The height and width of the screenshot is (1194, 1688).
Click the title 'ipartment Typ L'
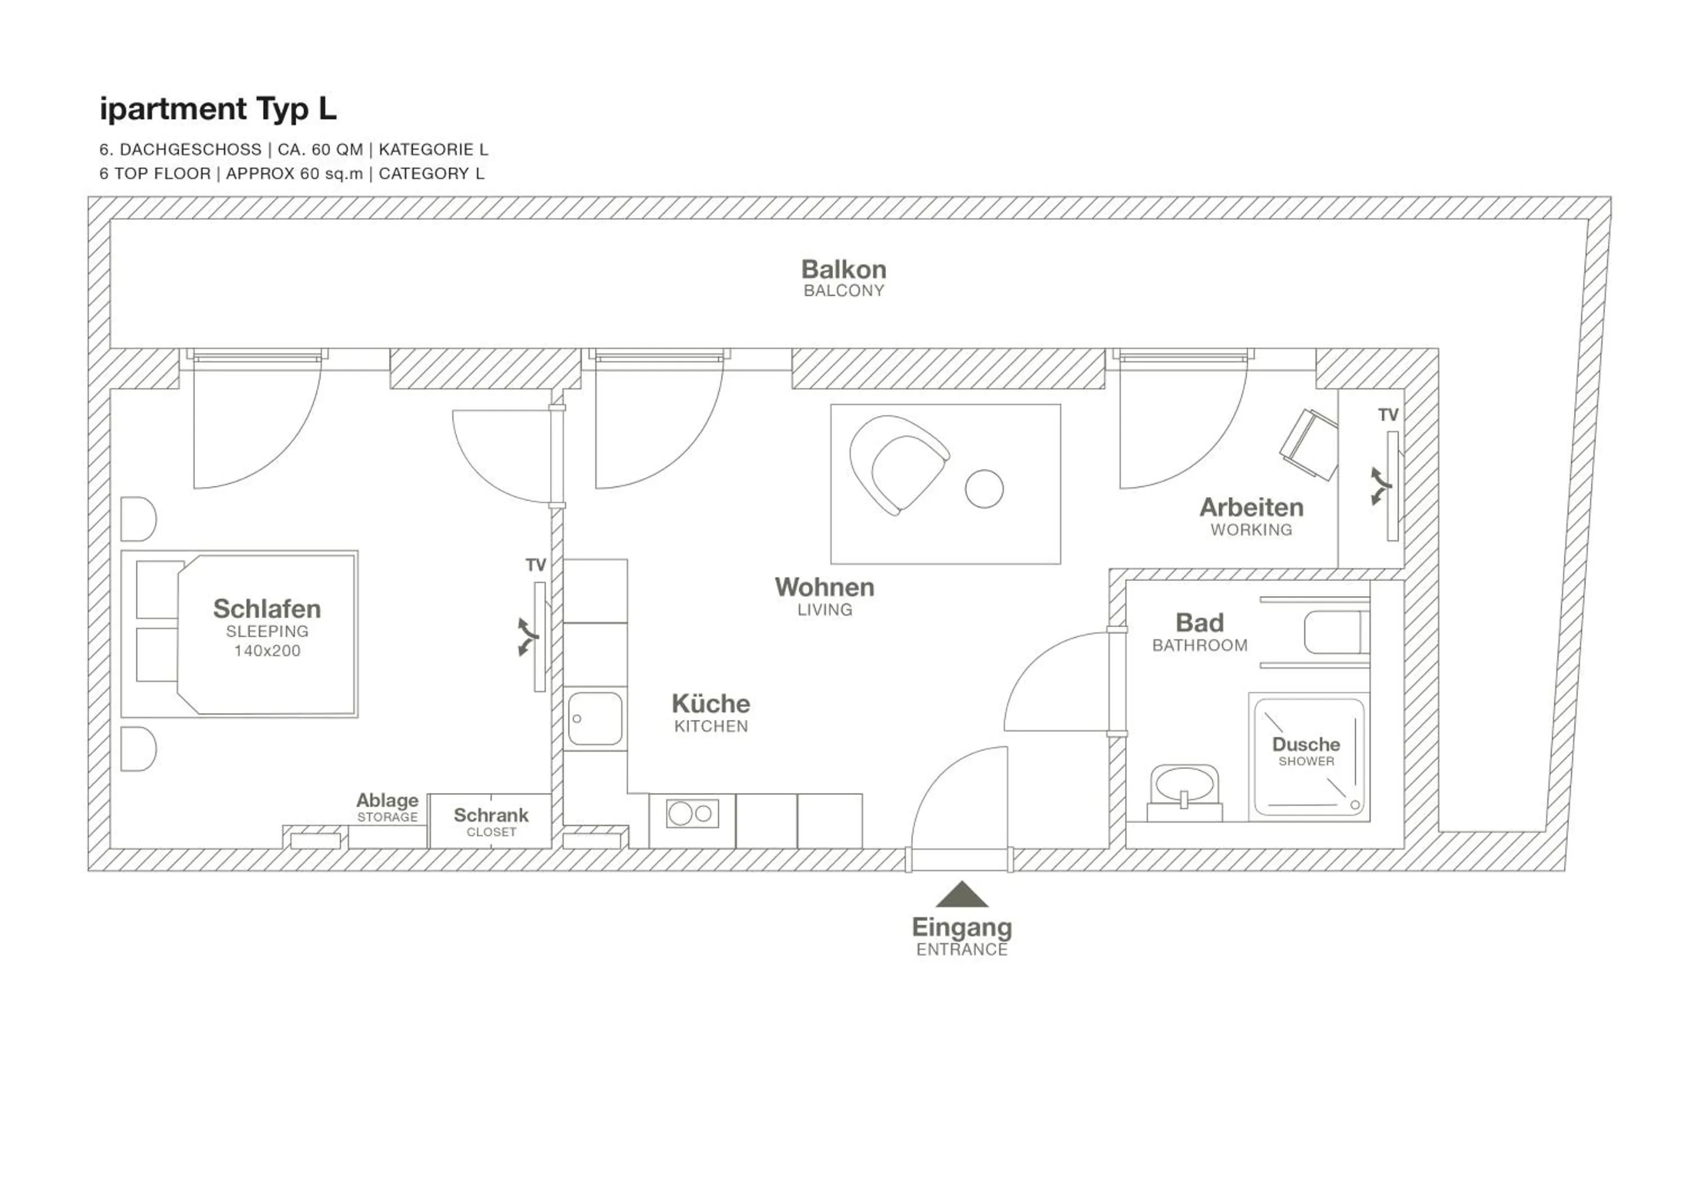coord(218,109)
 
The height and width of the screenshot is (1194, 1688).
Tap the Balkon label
coord(843,270)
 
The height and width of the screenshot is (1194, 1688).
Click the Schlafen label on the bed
coord(267,609)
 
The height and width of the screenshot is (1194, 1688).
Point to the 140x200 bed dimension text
coord(267,650)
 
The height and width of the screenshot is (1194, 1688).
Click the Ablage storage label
coord(388,801)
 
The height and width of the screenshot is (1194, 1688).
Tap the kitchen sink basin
coord(595,719)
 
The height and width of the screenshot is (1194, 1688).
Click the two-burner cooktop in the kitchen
coord(692,814)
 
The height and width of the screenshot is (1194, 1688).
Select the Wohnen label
coord(824,587)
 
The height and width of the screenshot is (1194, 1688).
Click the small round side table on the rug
coord(984,489)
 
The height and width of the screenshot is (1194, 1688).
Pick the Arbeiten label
coord(1251,508)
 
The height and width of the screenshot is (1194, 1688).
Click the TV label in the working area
coord(1388,415)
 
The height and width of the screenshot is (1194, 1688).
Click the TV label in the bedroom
coord(535,565)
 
